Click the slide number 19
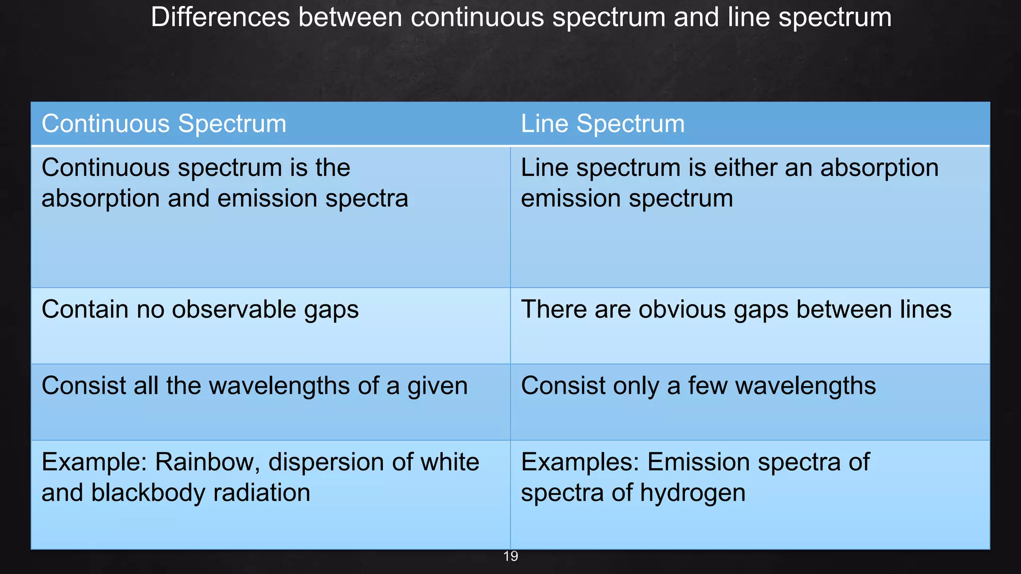coord(511,557)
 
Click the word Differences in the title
coord(220,17)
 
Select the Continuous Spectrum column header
coord(164,124)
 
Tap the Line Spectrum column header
coord(603,124)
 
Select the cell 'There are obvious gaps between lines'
coord(736,309)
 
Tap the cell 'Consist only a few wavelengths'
coord(698,386)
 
